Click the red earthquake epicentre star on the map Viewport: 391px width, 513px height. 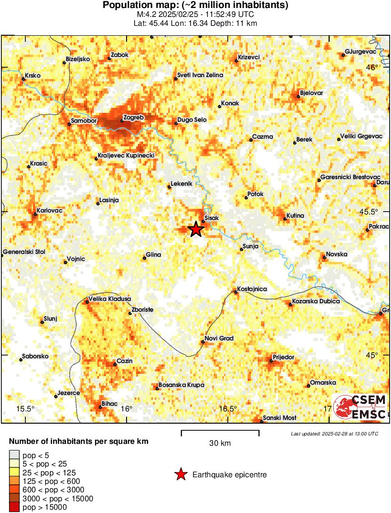pyautogui.click(x=196, y=229)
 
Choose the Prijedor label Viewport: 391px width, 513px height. pyautogui.click(x=284, y=357)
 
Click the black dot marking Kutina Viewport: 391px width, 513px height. pyautogui.click(x=285, y=219)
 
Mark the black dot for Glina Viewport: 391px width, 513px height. pyautogui.click(x=145, y=258)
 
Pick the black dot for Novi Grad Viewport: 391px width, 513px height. pyautogui.click(x=203, y=342)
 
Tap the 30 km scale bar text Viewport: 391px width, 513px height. pyautogui.click(x=220, y=443)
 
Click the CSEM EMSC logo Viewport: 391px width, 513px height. pyautogui.click(x=359, y=406)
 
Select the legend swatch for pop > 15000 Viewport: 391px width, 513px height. pyautogui.click(x=14, y=507)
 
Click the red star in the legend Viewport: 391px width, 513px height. pyautogui.click(x=181, y=474)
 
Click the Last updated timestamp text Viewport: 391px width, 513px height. pyautogui.click(x=334, y=433)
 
